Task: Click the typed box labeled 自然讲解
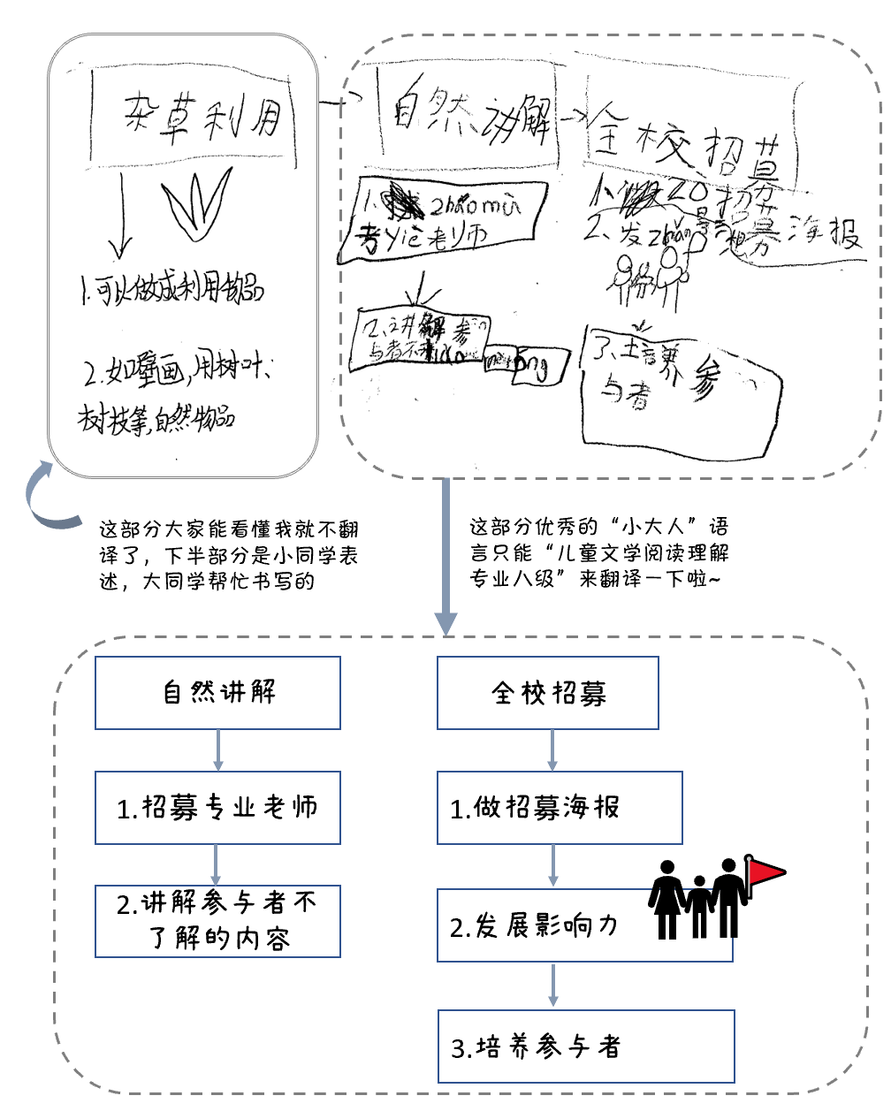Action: pos(217,693)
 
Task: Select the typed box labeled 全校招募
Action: pos(548,693)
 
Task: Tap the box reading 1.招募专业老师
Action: pos(217,807)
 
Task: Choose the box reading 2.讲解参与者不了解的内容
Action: pos(217,921)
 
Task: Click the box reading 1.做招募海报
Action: pos(560,807)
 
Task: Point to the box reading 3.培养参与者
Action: pos(586,1046)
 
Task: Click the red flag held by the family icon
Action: pos(765,871)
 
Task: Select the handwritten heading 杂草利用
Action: pos(202,118)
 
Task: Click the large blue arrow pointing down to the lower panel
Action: pos(445,557)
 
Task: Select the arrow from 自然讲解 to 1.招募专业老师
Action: pos(217,750)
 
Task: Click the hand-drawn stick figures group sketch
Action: pos(651,274)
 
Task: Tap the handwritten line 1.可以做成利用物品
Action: pos(172,289)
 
